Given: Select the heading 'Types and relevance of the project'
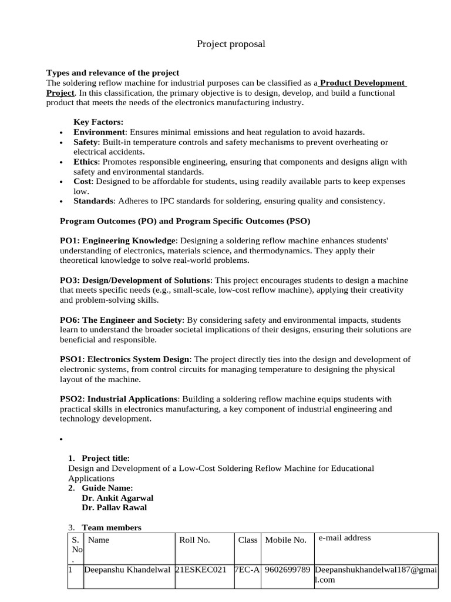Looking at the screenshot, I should [x=113, y=73].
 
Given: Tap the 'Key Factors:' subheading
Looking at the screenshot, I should [x=98, y=122].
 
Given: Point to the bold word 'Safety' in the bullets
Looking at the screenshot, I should [x=86, y=142].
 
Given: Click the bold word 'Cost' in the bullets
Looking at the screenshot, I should [x=83, y=182].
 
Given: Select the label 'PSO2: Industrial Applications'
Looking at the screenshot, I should [x=119, y=399].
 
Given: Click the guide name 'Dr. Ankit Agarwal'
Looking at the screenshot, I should [x=117, y=498].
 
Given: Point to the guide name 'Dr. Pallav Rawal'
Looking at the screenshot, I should [x=115, y=508].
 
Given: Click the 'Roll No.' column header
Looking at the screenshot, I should [x=194, y=540].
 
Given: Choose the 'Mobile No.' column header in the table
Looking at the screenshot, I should [x=286, y=540].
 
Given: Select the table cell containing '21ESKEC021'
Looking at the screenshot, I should [x=201, y=570].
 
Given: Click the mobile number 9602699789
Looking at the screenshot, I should [x=288, y=570].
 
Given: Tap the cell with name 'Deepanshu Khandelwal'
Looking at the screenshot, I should [x=127, y=570].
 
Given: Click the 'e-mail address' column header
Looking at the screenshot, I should [x=345, y=538].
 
